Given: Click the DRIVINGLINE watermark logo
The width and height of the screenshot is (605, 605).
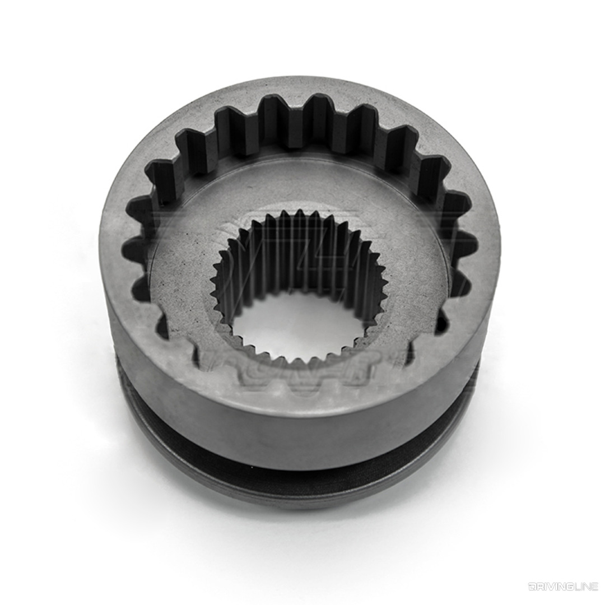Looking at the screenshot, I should (x=562, y=587).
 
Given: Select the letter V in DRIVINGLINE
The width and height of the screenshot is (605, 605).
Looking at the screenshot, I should (x=549, y=587).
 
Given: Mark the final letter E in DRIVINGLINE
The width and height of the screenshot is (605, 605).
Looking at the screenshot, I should (x=594, y=587).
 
